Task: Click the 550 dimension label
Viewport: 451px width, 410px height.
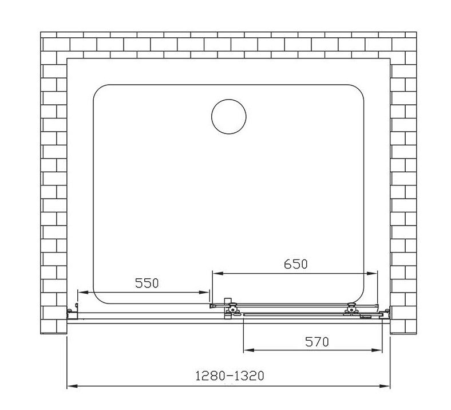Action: tap(147, 283)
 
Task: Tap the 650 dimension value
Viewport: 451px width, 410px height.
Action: tap(296, 264)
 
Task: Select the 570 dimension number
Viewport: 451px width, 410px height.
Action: tap(317, 342)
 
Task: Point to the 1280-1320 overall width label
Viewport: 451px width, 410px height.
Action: tap(230, 376)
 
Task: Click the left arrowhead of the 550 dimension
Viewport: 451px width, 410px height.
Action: tap(82, 292)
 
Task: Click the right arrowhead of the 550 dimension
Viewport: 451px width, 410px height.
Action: tap(204, 292)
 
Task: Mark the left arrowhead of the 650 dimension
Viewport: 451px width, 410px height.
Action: tap(217, 273)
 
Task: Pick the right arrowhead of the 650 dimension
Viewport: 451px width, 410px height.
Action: tap(371, 273)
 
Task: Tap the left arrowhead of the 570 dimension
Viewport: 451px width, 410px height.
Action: tap(249, 350)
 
